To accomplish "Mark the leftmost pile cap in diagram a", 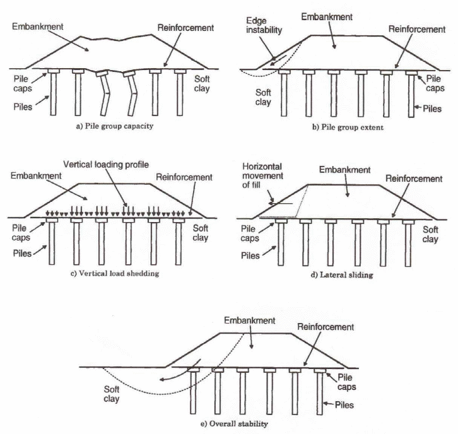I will pos(52,71).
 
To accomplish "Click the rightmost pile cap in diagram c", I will pos(179,221).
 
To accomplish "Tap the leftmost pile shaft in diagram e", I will pos(192,394).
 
